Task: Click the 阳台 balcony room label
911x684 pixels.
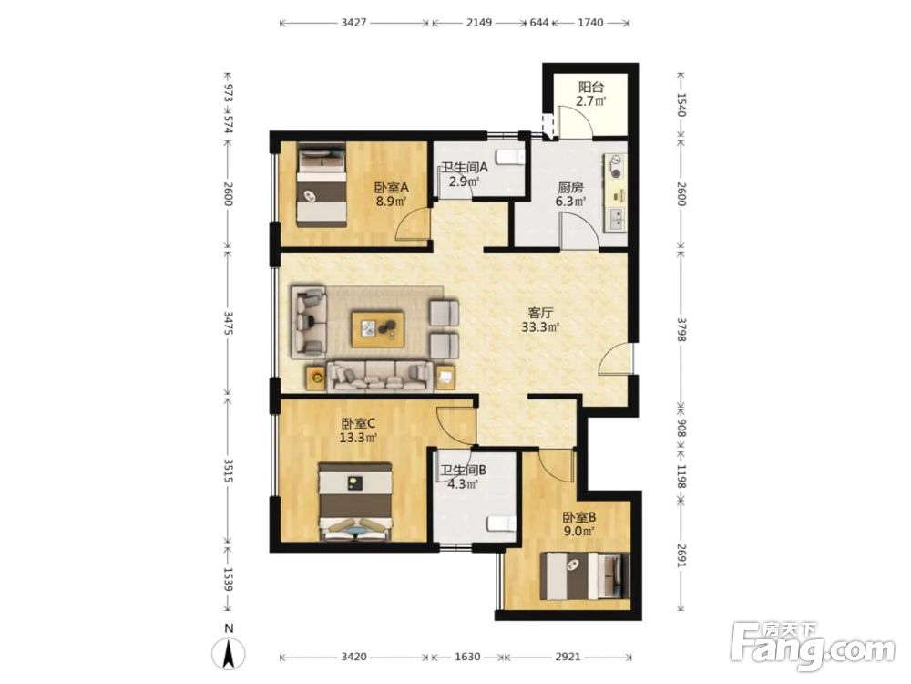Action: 591,88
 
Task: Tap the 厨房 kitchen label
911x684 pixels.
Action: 570,188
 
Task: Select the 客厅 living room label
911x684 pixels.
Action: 539,314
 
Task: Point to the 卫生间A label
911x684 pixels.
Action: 465,168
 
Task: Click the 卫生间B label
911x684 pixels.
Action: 463,470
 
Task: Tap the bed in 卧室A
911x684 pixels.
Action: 322,185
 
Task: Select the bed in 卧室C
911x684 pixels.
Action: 355,502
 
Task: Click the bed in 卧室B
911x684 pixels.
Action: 585,575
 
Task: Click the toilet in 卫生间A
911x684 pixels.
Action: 511,157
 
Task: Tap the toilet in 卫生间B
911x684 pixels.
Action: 501,523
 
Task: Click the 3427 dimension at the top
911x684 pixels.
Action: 353,23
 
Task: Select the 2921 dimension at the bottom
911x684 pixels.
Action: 568,657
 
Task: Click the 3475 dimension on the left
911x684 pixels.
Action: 228,324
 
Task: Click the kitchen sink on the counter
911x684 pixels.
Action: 617,219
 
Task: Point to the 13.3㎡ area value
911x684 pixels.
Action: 358,438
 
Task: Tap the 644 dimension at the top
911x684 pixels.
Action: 539,23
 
